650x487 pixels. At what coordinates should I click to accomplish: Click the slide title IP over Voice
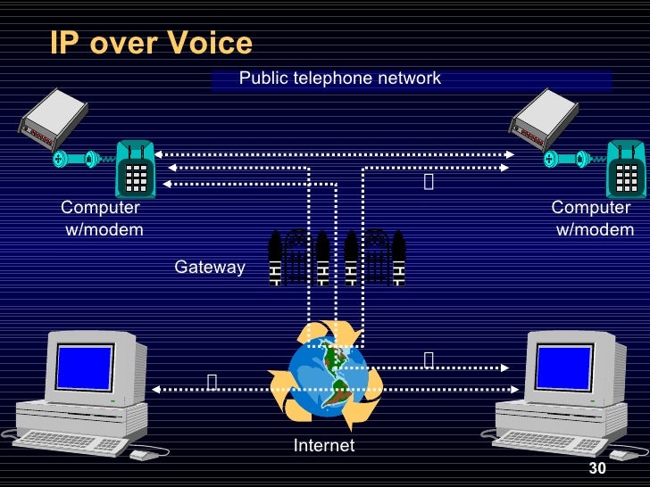point(151,43)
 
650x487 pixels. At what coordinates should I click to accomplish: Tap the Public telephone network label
point(339,78)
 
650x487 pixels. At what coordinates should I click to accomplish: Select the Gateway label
point(209,267)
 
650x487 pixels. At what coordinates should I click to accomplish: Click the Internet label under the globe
point(324,445)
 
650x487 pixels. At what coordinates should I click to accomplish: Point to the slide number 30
point(597,470)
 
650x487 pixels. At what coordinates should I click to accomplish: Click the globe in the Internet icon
point(326,376)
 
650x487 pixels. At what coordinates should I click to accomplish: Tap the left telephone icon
point(136,169)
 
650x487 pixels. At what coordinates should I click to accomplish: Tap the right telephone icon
point(625,169)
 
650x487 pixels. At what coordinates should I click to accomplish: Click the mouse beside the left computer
point(142,455)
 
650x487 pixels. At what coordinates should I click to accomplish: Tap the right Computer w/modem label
point(592,219)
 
